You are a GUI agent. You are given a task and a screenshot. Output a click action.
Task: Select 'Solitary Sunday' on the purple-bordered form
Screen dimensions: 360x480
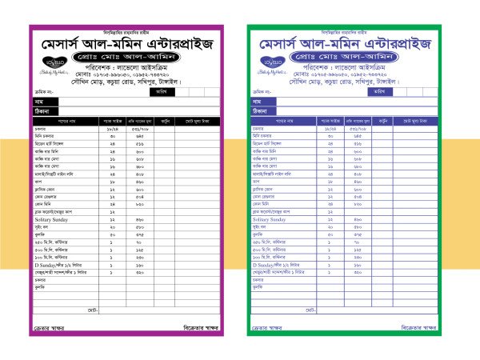[x=55, y=218]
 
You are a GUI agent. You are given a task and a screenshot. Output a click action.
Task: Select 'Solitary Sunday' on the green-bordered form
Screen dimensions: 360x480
[x=273, y=218]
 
